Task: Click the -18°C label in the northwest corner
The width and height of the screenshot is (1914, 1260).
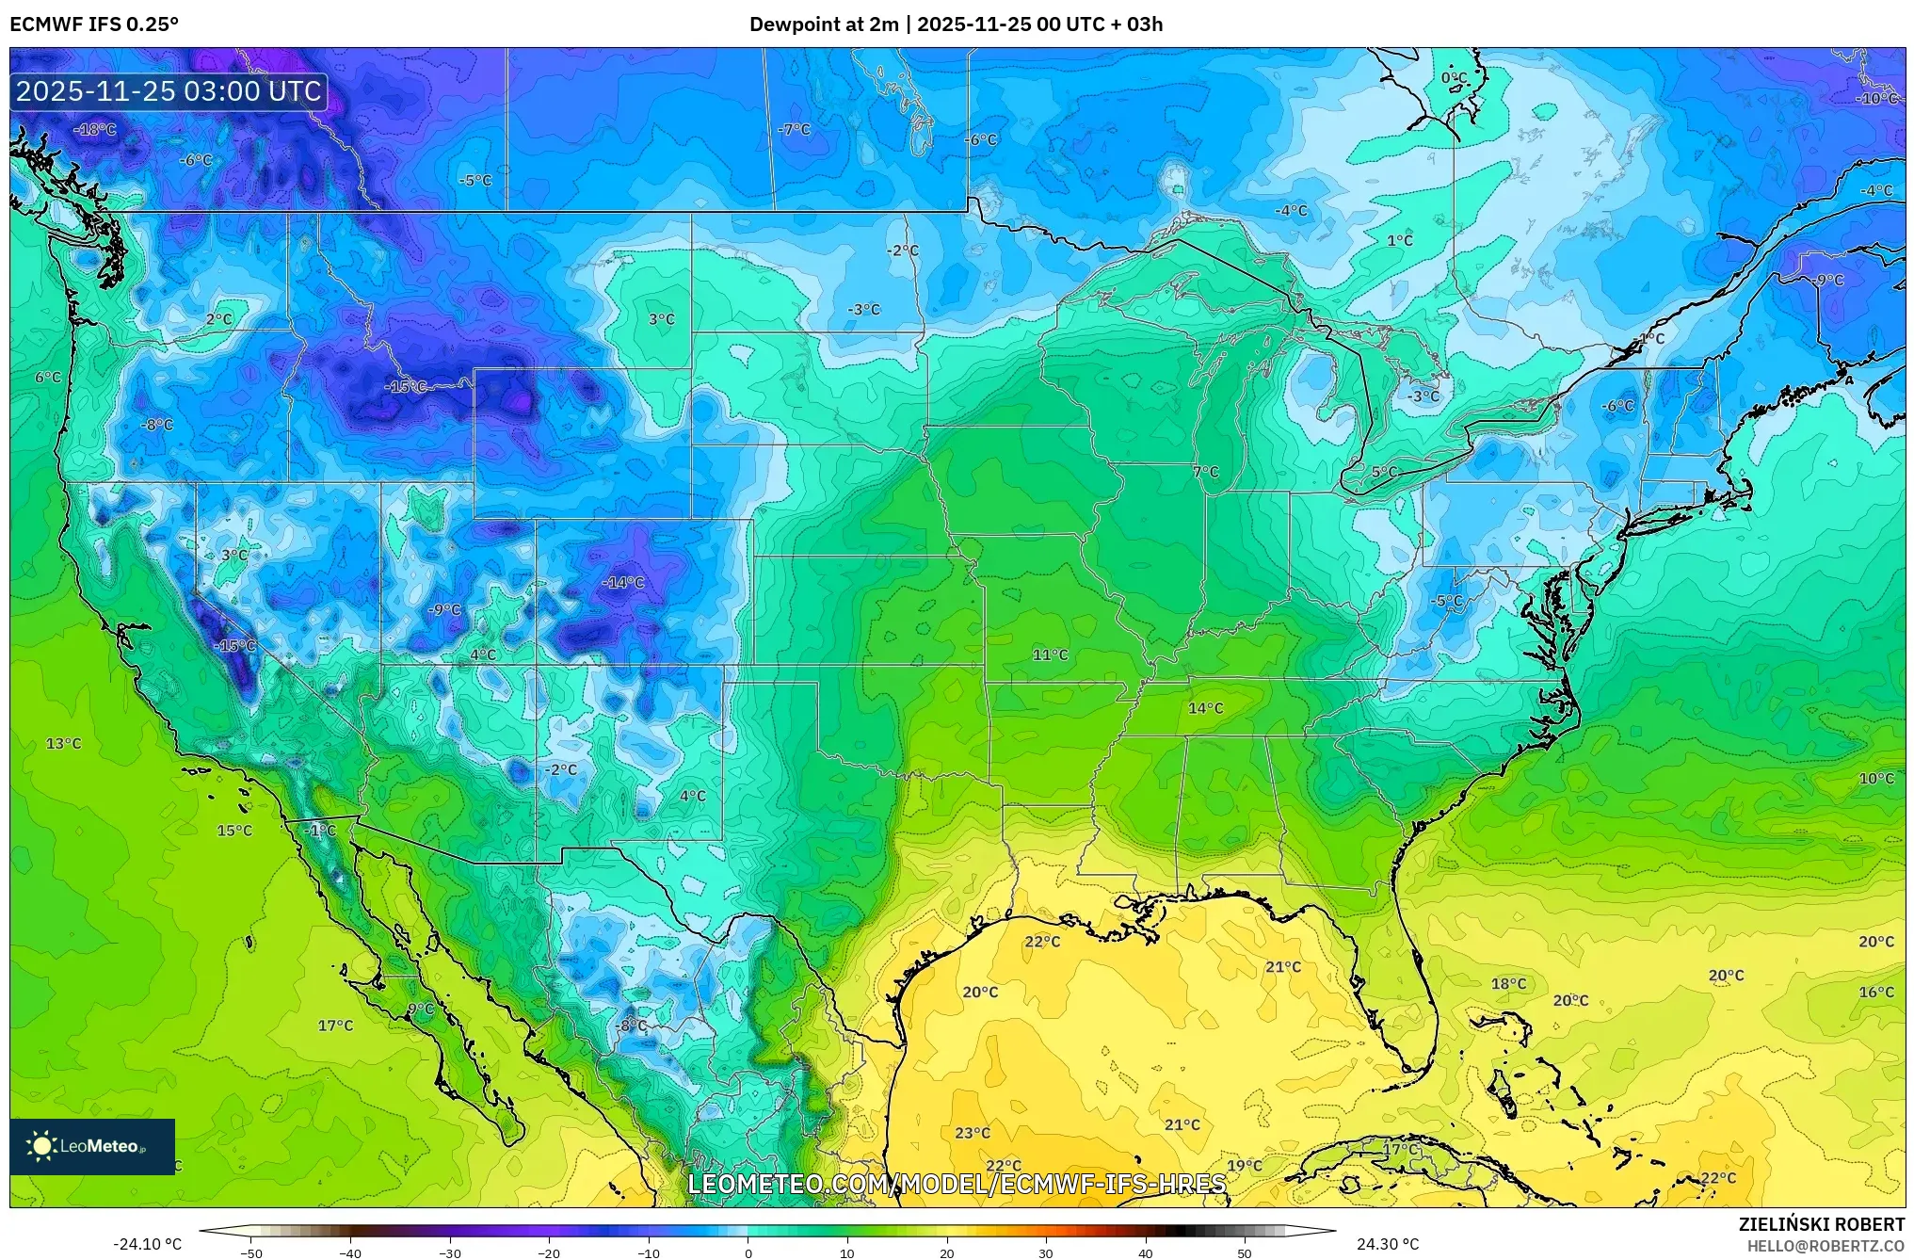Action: coord(96,129)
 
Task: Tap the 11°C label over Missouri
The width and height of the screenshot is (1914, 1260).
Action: coord(1050,654)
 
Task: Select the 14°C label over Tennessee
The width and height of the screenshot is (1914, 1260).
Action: coord(1205,708)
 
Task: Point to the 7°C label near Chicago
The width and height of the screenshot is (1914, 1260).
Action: coord(1205,472)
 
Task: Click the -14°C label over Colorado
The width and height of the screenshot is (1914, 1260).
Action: coord(623,583)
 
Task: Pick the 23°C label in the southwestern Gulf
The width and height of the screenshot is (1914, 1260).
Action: coord(973,1133)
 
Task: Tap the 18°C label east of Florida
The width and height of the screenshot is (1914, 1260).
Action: coord(1508,984)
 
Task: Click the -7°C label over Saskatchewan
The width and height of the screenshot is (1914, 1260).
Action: coord(795,129)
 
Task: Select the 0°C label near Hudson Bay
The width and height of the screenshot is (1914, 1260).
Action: coord(1454,77)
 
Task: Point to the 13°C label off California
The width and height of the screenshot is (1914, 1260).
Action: coord(64,744)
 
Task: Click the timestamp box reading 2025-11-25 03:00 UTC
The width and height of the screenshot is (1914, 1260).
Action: coord(169,91)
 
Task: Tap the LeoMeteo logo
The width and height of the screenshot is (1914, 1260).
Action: coord(92,1146)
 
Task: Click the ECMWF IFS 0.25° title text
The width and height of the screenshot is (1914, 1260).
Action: coord(94,24)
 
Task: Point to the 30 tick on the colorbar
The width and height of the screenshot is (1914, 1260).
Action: coord(1046,1253)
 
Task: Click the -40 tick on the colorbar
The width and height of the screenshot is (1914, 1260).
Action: coord(350,1253)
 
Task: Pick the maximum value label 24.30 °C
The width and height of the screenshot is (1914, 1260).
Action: coord(1387,1244)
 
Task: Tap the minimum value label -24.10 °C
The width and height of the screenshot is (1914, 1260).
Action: coord(148,1244)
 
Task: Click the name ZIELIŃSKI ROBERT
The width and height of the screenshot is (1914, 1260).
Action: coord(1821,1224)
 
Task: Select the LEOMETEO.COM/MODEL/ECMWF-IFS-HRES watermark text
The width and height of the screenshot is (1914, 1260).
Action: coord(957,1184)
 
